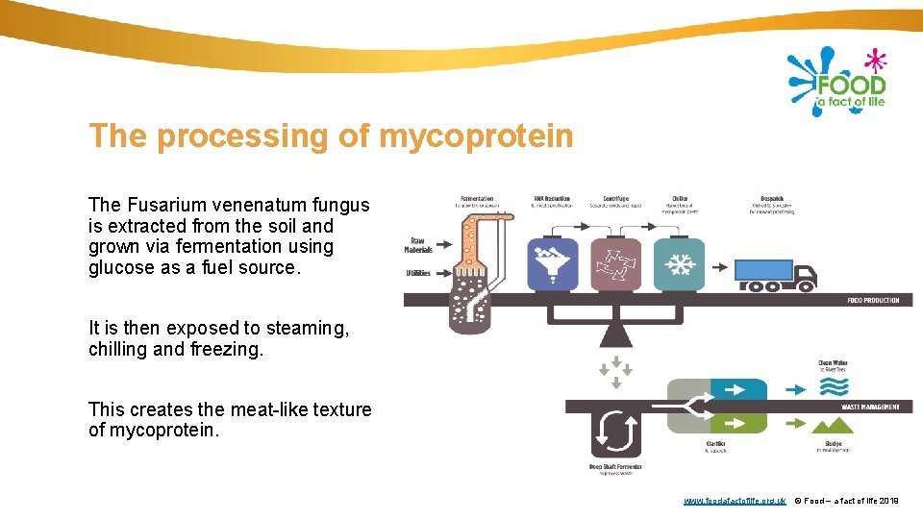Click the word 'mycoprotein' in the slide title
[476, 136]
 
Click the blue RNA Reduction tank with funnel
[553, 262]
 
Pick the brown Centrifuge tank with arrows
[615, 262]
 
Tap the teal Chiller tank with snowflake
[679, 262]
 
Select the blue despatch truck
[776, 274]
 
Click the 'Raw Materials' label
[417, 245]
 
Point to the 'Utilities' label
[417, 273]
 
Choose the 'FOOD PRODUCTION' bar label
[873, 300]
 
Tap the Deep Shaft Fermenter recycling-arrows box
[615, 432]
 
